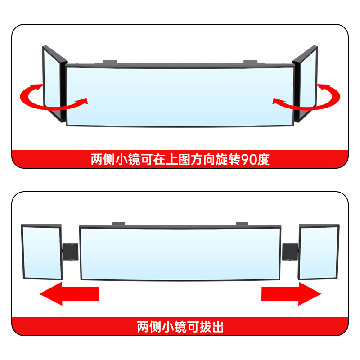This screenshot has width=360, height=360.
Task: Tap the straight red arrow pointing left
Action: coord(69,294)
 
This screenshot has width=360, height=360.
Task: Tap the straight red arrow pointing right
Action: coord(291,294)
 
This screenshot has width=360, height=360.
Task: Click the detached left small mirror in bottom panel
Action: coord(41,252)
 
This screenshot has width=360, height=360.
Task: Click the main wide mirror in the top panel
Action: coord(180,95)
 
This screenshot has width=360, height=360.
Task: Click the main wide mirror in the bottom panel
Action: coord(180,252)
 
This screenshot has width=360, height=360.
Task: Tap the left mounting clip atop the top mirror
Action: coord(109,62)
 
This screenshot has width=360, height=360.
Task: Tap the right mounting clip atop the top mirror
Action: coord(250,62)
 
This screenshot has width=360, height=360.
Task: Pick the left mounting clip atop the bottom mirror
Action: coord(118,223)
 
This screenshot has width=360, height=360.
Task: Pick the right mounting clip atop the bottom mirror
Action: coord(242,223)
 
